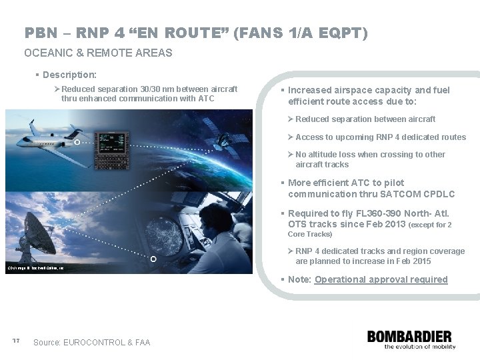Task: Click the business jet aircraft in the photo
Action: click(x=50, y=136)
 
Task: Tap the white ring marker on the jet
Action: click(x=77, y=142)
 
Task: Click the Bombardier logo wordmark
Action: click(x=409, y=337)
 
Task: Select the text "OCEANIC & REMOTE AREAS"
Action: click(x=98, y=53)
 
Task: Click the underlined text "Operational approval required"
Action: click(x=381, y=279)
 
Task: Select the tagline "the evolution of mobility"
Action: click(x=411, y=347)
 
